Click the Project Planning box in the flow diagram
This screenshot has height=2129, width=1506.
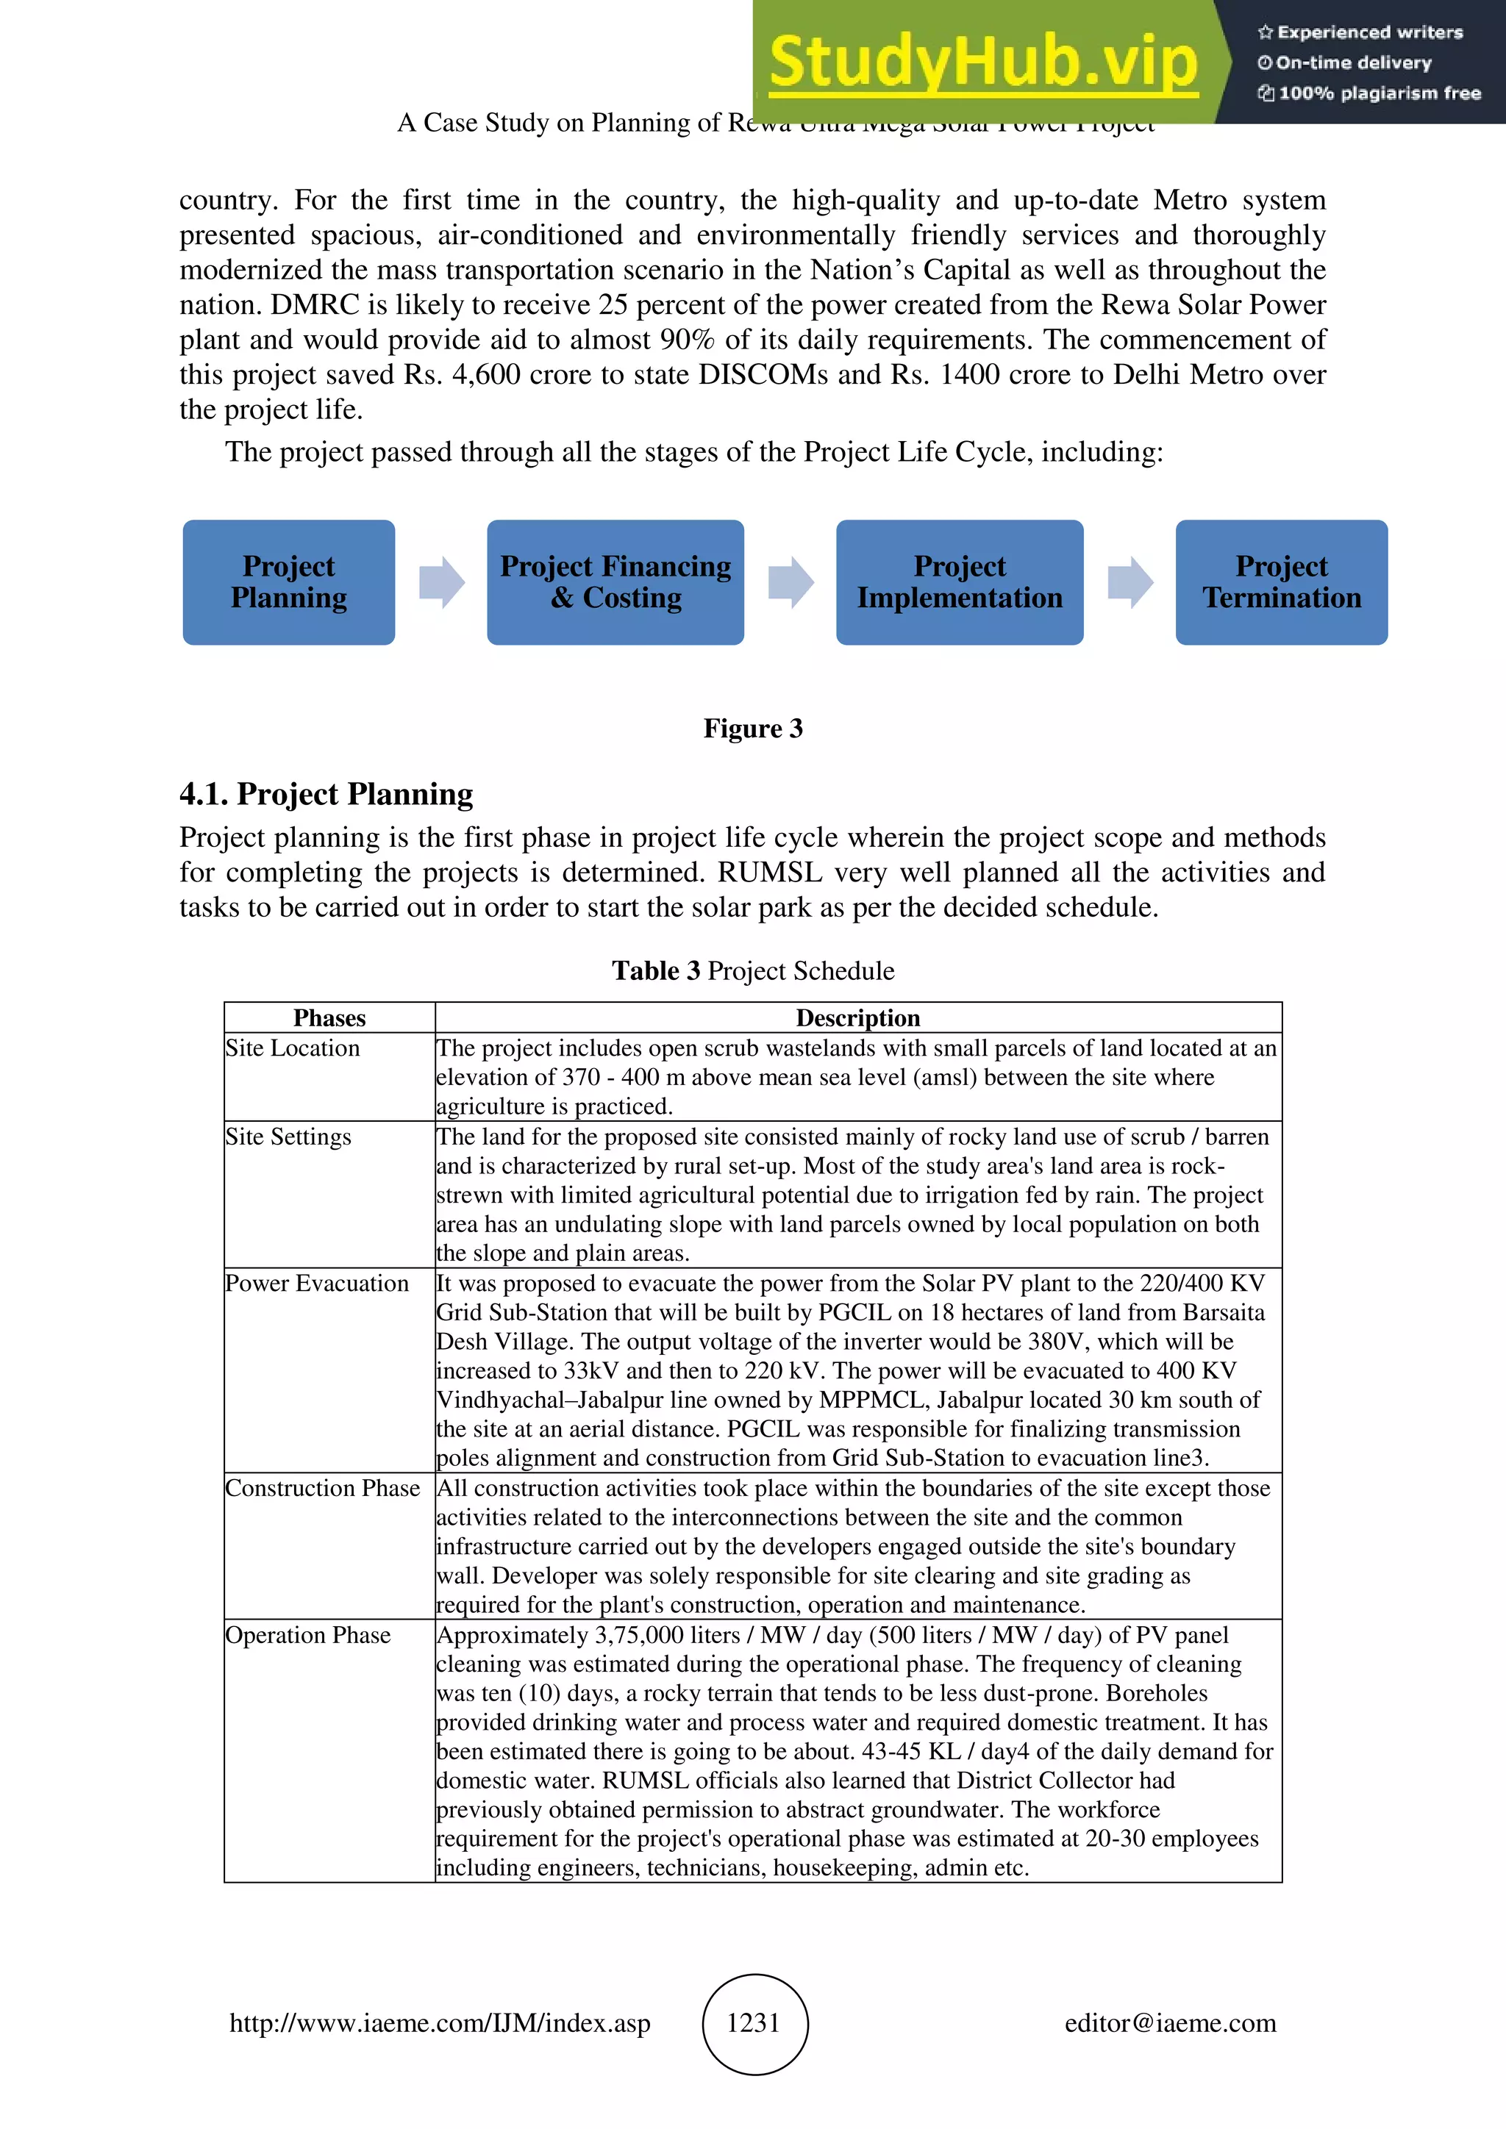(288, 582)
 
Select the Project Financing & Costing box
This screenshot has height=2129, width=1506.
(615, 582)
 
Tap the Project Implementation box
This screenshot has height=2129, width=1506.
(959, 582)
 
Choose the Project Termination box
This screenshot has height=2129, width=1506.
(1281, 582)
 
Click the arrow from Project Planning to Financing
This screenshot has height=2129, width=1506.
(441, 582)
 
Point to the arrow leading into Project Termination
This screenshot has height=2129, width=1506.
(1129, 582)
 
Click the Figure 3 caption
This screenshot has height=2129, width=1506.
(752, 728)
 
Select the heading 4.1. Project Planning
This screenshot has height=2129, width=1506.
(326, 794)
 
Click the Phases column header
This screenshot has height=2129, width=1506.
(329, 1017)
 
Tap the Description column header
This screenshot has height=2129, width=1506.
(858, 1017)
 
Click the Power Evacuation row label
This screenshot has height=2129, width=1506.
(316, 1284)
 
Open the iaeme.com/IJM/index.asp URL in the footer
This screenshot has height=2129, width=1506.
(440, 2022)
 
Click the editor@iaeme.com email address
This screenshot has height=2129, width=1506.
(1169, 2022)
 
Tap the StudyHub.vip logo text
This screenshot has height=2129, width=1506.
(983, 62)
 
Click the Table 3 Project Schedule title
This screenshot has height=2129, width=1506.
(752, 971)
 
